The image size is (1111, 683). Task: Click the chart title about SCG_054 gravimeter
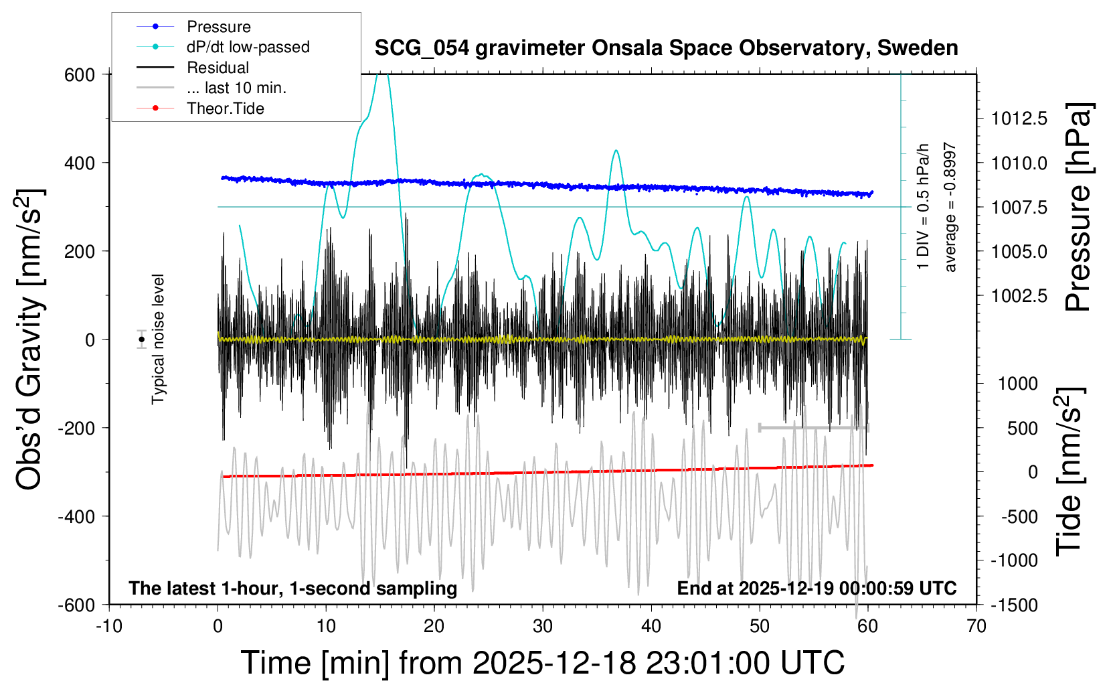tap(666, 48)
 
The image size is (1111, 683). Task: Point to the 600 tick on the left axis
tap(80, 75)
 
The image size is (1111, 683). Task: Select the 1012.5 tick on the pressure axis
tap(1019, 119)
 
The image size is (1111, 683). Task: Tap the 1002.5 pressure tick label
tap(1019, 296)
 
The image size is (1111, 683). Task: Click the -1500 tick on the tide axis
tap(1014, 605)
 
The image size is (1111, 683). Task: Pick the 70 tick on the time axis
tap(976, 627)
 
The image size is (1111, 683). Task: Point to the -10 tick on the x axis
tap(108, 627)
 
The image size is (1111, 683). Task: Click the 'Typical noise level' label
tap(158, 339)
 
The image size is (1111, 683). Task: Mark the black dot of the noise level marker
tap(141, 339)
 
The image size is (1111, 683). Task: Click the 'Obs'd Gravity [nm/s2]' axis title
tap(30, 339)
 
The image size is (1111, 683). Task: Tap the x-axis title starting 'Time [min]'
tap(542, 663)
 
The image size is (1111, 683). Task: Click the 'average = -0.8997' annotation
tap(950, 207)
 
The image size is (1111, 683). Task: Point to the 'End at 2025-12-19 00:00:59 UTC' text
tap(817, 589)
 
